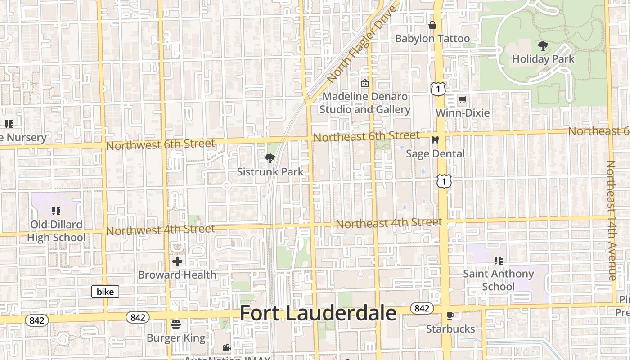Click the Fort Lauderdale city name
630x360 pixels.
318,313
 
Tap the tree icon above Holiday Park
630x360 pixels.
543,45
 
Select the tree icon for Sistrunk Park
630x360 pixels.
270,158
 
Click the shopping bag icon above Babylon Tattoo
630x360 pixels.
432,25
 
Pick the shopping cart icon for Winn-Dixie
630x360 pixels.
462,99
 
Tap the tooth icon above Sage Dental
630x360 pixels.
435,140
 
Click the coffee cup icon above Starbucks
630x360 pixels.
450,315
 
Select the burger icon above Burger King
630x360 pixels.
176,324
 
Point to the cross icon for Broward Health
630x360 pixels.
177,261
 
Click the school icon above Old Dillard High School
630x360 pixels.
56,211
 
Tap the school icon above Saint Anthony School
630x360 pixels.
498,260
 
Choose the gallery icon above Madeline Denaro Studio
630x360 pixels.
364,83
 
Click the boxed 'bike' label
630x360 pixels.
105,292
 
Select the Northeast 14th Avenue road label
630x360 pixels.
611,220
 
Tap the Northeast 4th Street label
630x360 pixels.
389,223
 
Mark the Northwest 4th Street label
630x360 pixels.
161,230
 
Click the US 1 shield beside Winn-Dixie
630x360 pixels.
438,89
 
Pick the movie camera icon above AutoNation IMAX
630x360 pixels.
227,347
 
